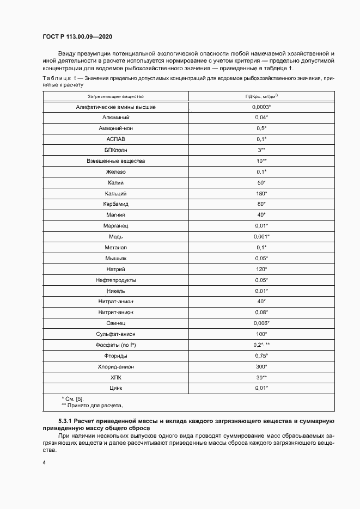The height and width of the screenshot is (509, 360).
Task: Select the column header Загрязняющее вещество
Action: click(116, 96)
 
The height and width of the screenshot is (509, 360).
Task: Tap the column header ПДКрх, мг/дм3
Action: click(261, 96)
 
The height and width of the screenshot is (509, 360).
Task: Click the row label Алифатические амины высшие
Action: click(116, 107)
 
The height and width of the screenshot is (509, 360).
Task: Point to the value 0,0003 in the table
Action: click(261, 107)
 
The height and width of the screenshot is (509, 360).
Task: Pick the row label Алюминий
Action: click(116, 118)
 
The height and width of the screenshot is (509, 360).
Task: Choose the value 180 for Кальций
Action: click(261, 193)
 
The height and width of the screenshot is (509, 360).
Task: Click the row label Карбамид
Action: click(116, 204)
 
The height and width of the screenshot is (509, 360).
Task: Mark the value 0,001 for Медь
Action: click(261, 237)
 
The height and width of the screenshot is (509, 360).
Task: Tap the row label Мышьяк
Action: click(116, 258)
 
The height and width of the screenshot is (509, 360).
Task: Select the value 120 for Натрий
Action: click(261, 269)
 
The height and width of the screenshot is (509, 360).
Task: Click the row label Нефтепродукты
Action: click(116, 280)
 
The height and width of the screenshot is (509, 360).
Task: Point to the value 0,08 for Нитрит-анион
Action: click(261, 312)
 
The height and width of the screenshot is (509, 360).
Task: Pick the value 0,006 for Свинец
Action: click(261, 323)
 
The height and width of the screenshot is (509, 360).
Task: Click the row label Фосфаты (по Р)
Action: click(116, 345)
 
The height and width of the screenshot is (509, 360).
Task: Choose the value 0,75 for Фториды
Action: click(261, 355)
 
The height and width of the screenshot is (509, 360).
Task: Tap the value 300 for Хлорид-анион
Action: click(261, 366)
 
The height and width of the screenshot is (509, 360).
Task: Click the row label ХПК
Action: click(116, 377)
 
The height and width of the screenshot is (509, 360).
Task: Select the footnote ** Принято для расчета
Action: click(92, 405)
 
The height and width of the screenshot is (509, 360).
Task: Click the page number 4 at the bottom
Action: click(44, 463)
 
